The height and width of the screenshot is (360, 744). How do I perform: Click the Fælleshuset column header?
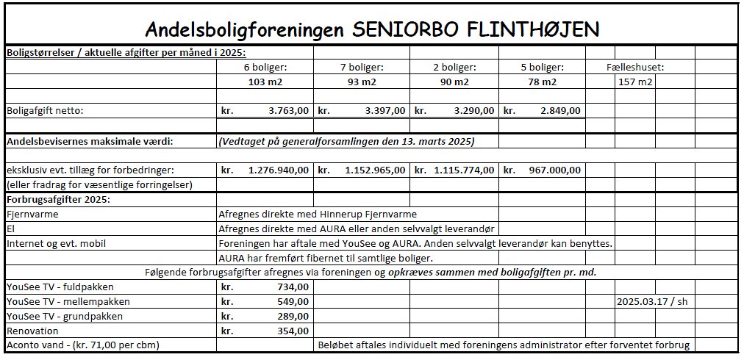click(635, 67)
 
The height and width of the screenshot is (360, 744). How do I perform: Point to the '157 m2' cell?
click(635, 82)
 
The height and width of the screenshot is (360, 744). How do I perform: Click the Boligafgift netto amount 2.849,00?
click(559, 111)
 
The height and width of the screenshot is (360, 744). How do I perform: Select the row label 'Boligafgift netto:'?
click(46, 111)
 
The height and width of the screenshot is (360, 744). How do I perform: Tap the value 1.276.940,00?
click(278, 170)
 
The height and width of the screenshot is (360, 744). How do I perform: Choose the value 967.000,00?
click(554, 170)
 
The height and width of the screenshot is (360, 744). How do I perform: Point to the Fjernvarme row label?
click(32, 214)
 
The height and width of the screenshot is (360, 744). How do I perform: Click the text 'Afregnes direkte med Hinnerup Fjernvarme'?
click(318, 214)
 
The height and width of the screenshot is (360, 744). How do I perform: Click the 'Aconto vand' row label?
click(82, 345)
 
